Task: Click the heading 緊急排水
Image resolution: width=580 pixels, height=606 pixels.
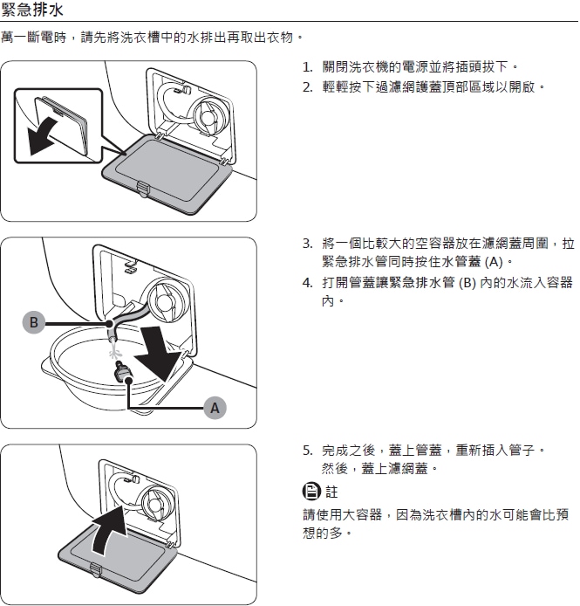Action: [x=31, y=10]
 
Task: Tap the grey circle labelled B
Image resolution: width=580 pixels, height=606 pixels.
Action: [x=34, y=322]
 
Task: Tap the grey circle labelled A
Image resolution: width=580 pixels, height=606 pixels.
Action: [x=215, y=408]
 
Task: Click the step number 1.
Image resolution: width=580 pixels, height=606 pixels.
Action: [x=307, y=67]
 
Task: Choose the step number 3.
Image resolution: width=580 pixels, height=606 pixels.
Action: [x=307, y=244]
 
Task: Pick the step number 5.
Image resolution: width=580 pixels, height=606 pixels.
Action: [x=307, y=451]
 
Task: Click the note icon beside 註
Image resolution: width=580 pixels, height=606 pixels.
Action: [x=311, y=492]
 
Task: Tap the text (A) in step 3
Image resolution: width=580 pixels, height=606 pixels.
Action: [x=494, y=262]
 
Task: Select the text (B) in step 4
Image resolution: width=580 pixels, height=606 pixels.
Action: [x=467, y=283]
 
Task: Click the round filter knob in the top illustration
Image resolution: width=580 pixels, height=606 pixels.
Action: [x=211, y=114]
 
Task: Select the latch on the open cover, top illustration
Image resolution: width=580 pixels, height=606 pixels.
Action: [x=142, y=189]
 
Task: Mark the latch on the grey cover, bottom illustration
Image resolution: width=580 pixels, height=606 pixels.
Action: [x=96, y=570]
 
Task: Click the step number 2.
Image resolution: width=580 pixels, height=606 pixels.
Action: [x=307, y=87]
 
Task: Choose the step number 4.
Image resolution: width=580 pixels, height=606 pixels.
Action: [x=307, y=283]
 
